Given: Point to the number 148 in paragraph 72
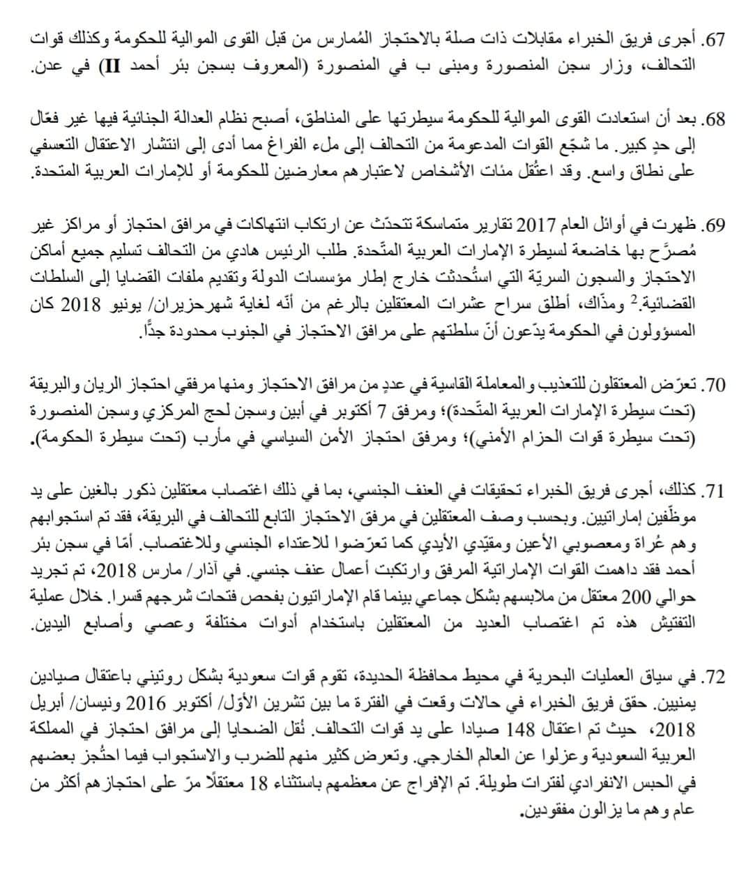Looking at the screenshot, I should (533, 730).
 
